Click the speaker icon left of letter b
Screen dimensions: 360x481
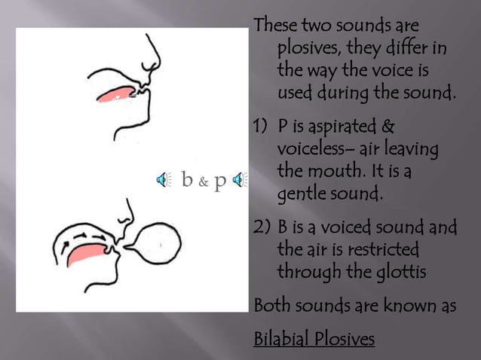tap(163, 179)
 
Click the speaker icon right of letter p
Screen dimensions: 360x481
tap(239, 179)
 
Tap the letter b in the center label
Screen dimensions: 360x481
tap(187, 179)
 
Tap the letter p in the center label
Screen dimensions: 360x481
tap(220, 181)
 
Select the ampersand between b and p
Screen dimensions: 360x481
tap(204, 181)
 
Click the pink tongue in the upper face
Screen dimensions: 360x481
tap(114, 94)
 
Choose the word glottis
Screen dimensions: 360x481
tap(399, 271)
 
